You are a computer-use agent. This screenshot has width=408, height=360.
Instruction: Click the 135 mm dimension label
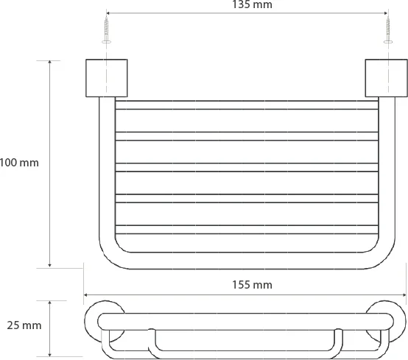pyautogui.click(x=252, y=4)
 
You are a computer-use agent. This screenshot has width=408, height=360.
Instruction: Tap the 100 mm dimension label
pyautogui.click(x=19, y=163)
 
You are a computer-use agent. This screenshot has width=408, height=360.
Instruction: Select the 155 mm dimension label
pyautogui.click(x=252, y=285)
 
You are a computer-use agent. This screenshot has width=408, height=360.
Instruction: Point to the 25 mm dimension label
pyautogui.click(x=24, y=325)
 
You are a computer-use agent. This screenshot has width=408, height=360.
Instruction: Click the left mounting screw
pyautogui.click(x=106, y=29)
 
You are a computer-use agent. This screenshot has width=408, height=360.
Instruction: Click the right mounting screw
pyautogui.click(x=388, y=29)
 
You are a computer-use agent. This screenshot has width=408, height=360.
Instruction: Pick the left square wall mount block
pyautogui.click(x=107, y=78)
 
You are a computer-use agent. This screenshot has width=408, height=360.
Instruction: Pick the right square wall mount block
pyautogui.click(x=386, y=78)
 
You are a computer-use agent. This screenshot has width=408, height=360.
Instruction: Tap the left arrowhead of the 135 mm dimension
pyautogui.click(x=108, y=13)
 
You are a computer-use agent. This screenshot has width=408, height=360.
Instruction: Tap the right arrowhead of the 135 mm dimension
pyautogui.click(x=386, y=13)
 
